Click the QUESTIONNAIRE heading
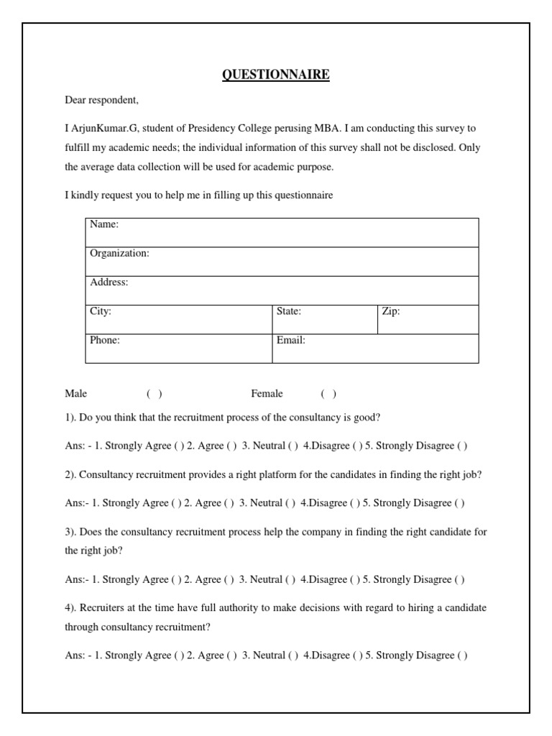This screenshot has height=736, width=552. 276,75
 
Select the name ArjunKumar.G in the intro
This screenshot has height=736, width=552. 104,129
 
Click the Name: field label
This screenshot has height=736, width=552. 103,224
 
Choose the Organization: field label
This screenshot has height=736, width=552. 119,253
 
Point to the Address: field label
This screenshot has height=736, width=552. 109,282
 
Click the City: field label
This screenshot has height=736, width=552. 100,311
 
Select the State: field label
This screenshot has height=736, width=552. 289,311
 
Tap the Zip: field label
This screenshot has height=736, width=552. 391,311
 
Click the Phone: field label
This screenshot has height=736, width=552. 104,340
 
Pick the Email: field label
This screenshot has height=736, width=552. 291,340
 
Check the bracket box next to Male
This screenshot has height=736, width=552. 155,394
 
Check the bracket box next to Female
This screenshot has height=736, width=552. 328,394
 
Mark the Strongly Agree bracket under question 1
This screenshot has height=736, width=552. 177,446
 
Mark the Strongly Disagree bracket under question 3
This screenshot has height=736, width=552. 459,579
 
